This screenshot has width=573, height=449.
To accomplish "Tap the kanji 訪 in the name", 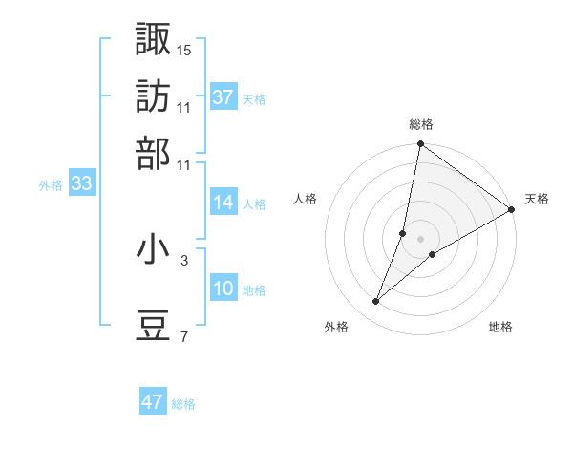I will click(x=154, y=96).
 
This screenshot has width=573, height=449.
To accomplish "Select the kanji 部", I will click(x=154, y=152).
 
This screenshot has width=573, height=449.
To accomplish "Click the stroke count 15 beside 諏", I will click(x=184, y=49).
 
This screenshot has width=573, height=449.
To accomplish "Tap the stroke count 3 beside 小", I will click(x=184, y=258).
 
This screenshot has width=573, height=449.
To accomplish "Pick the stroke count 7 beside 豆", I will click(x=184, y=337).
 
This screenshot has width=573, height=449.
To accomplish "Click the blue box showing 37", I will click(x=223, y=97).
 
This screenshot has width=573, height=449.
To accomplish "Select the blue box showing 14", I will click(x=223, y=203).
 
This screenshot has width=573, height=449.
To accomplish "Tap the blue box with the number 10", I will click(x=223, y=289).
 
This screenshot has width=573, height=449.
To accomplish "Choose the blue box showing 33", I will click(x=81, y=184).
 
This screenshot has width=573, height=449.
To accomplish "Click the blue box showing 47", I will click(x=153, y=402).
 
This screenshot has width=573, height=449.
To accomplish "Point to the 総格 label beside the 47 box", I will click(x=183, y=404).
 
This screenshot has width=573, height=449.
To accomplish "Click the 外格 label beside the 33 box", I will click(x=51, y=186).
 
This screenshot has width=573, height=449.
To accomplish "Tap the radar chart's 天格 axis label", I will click(x=537, y=199).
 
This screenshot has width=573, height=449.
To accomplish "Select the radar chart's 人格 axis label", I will click(x=306, y=199).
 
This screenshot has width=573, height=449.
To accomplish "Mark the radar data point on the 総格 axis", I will click(x=420, y=145).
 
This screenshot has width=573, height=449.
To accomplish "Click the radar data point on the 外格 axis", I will click(x=376, y=302).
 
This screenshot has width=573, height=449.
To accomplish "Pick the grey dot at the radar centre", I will click(x=420, y=238).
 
